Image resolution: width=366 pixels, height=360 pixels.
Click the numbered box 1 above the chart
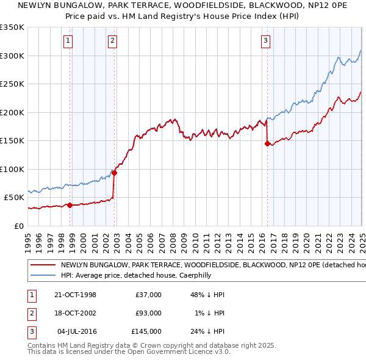pyautogui.click(x=68, y=41)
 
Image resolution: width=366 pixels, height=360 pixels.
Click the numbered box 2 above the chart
pyautogui.click(x=113, y=41)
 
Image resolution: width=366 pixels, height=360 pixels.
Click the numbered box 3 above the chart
pyautogui.click(x=266, y=41)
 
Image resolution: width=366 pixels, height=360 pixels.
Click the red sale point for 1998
pyautogui.click(x=70, y=205)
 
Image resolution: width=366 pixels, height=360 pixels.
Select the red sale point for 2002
pyautogui.click(x=114, y=173)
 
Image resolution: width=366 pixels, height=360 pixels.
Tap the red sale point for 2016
pyautogui.click(x=267, y=144)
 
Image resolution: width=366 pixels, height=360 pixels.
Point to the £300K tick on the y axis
pyautogui.click(x=12, y=56)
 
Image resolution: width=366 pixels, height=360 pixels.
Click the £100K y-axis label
pyautogui.click(x=12, y=169)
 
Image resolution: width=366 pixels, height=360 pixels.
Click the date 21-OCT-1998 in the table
pyautogui.click(x=75, y=295)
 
